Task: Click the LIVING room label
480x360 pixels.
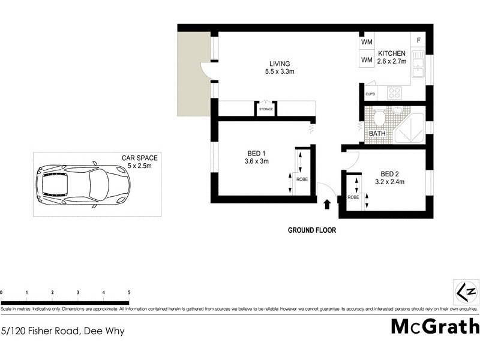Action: point(280,64)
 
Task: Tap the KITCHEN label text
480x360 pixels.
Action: point(392,54)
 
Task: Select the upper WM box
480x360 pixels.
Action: point(367,43)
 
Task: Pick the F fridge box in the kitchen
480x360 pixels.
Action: point(418,41)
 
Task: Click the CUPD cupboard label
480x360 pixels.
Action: point(370,95)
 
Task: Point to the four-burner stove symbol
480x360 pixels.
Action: point(395,92)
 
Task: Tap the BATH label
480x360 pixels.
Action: point(377,133)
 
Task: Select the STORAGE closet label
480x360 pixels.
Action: point(266,110)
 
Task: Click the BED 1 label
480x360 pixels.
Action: point(256,152)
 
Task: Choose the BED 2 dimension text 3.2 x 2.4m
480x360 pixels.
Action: point(391,181)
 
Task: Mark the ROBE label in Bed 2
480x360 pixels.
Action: point(353,197)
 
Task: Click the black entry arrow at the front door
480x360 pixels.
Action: point(326,204)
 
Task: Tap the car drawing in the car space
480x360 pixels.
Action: point(82,185)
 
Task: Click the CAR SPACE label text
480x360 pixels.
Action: point(139,158)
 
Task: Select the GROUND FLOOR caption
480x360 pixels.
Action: point(312,230)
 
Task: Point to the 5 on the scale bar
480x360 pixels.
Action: point(129,292)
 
